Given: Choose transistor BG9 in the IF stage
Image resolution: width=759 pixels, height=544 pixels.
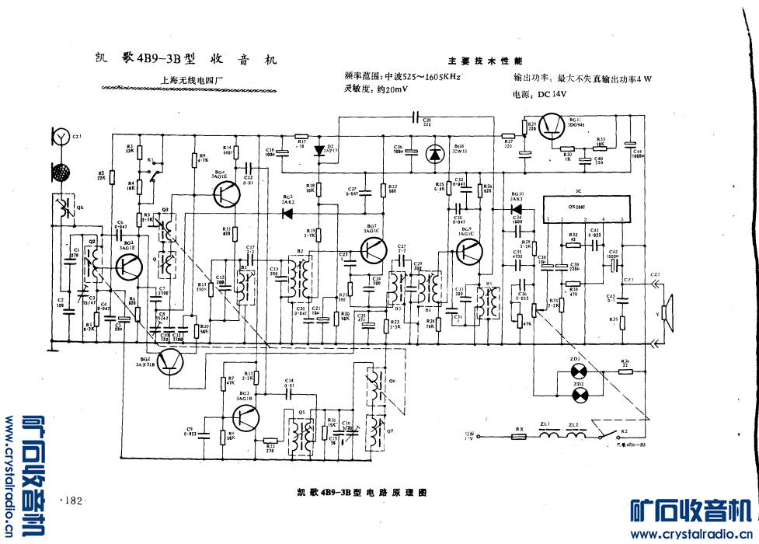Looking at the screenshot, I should (469, 250).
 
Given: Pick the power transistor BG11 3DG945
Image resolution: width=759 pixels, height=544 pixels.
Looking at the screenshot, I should (552, 127).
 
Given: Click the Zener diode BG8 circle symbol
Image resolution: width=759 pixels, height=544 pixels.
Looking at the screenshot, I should (433, 154).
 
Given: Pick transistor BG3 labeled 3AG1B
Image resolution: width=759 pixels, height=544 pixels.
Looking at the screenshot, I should (246, 417).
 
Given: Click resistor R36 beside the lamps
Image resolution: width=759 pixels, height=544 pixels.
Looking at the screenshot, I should (626, 371).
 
